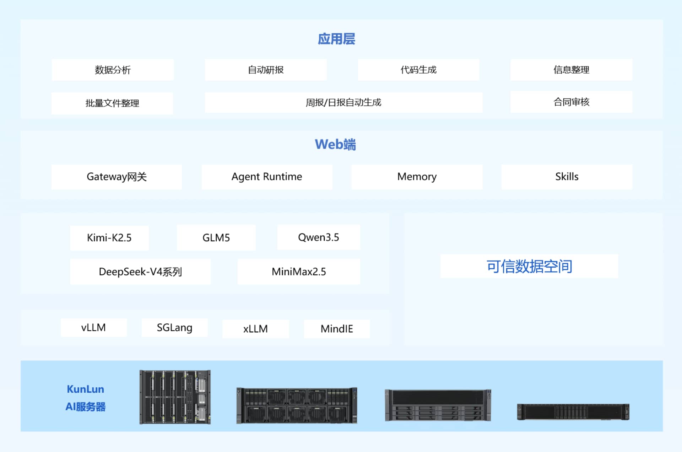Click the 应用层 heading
coord(336,39)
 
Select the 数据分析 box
coord(113,70)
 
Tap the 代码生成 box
coord(418,70)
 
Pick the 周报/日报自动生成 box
coord(343,103)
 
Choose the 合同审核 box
coord(571,102)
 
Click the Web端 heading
coord(335,145)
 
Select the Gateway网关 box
coord(117,177)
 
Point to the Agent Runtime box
coord(267,177)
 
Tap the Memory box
coord(417,177)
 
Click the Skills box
coord(567,177)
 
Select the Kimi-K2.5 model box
coord(109,238)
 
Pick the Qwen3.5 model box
coord(319,237)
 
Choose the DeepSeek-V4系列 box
coord(140,272)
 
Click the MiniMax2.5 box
coord(299,272)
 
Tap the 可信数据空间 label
coord(529,266)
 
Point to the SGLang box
coord(174,328)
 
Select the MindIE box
coord(337,329)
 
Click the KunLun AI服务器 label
coord(86,398)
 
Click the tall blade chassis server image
coord(175,397)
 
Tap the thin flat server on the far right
coord(573,412)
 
